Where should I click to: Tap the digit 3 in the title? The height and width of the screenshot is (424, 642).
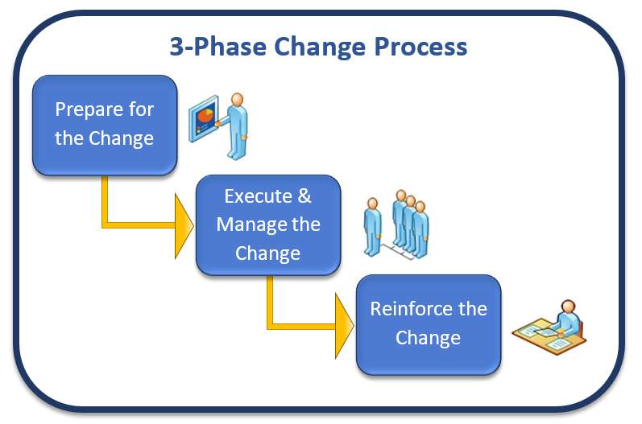click(176, 46)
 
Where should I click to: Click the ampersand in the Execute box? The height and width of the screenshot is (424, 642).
click(304, 196)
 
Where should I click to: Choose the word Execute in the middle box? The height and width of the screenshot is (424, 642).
click(258, 196)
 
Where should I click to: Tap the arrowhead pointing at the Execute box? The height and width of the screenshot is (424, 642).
click(184, 226)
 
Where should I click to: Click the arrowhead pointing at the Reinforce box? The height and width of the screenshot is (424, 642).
click(344, 326)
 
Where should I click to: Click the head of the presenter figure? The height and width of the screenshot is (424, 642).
click(237, 99)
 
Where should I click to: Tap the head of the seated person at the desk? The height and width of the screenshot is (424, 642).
click(569, 307)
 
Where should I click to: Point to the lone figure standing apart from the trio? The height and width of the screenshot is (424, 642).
click(373, 227)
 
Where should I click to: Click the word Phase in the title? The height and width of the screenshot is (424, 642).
click(230, 46)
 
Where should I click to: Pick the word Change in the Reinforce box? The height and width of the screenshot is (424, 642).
click(428, 338)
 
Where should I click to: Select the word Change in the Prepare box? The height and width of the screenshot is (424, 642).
click(121, 139)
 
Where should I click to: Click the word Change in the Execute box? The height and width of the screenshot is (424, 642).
click(267, 254)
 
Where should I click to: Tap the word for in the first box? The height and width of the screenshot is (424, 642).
click(141, 109)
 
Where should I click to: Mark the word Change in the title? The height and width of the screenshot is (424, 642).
click(320, 47)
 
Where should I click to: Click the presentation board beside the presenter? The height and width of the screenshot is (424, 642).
click(204, 118)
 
